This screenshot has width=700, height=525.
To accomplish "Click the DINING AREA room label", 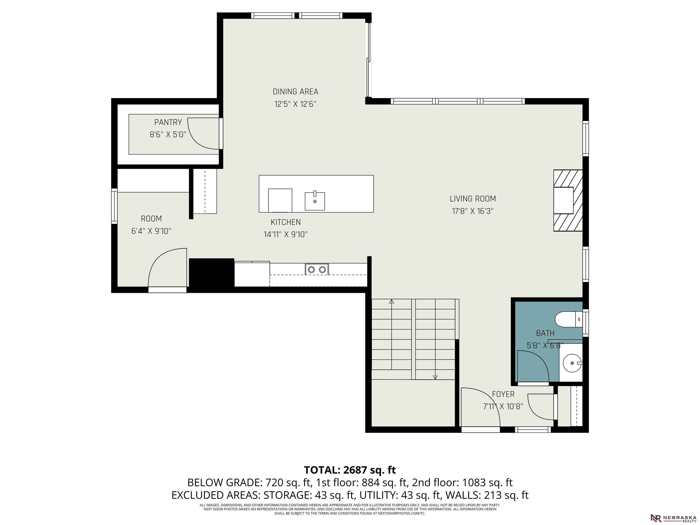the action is (x=295, y=92).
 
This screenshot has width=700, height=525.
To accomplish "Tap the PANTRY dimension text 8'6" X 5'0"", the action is (x=168, y=134).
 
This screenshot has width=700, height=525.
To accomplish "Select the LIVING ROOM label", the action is (x=473, y=199).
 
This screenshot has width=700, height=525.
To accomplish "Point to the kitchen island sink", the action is (x=315, y=201).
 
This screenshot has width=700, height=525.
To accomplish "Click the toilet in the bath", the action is (x=569, y=319).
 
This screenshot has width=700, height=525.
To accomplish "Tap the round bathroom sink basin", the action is (x=573, y=363).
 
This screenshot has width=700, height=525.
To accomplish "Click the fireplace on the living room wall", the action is (x=568, y=201).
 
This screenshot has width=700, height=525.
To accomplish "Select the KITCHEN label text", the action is (x=286, y=222).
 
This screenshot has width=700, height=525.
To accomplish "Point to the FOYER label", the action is (x=503, y=394).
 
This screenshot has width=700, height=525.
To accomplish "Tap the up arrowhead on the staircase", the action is (x=391, y=302).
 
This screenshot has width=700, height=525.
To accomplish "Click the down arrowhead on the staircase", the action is (x=435, y=377).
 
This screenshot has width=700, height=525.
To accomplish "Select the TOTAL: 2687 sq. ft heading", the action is (x=350, y=470).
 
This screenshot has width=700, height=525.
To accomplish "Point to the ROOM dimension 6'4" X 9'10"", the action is (x=151, y=231).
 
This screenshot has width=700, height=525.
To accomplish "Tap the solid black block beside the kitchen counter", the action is (x=212, y=273).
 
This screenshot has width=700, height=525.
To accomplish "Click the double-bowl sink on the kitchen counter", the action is (x=317, y=269).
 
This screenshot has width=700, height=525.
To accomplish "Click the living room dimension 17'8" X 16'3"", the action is (x=473, y=211).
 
